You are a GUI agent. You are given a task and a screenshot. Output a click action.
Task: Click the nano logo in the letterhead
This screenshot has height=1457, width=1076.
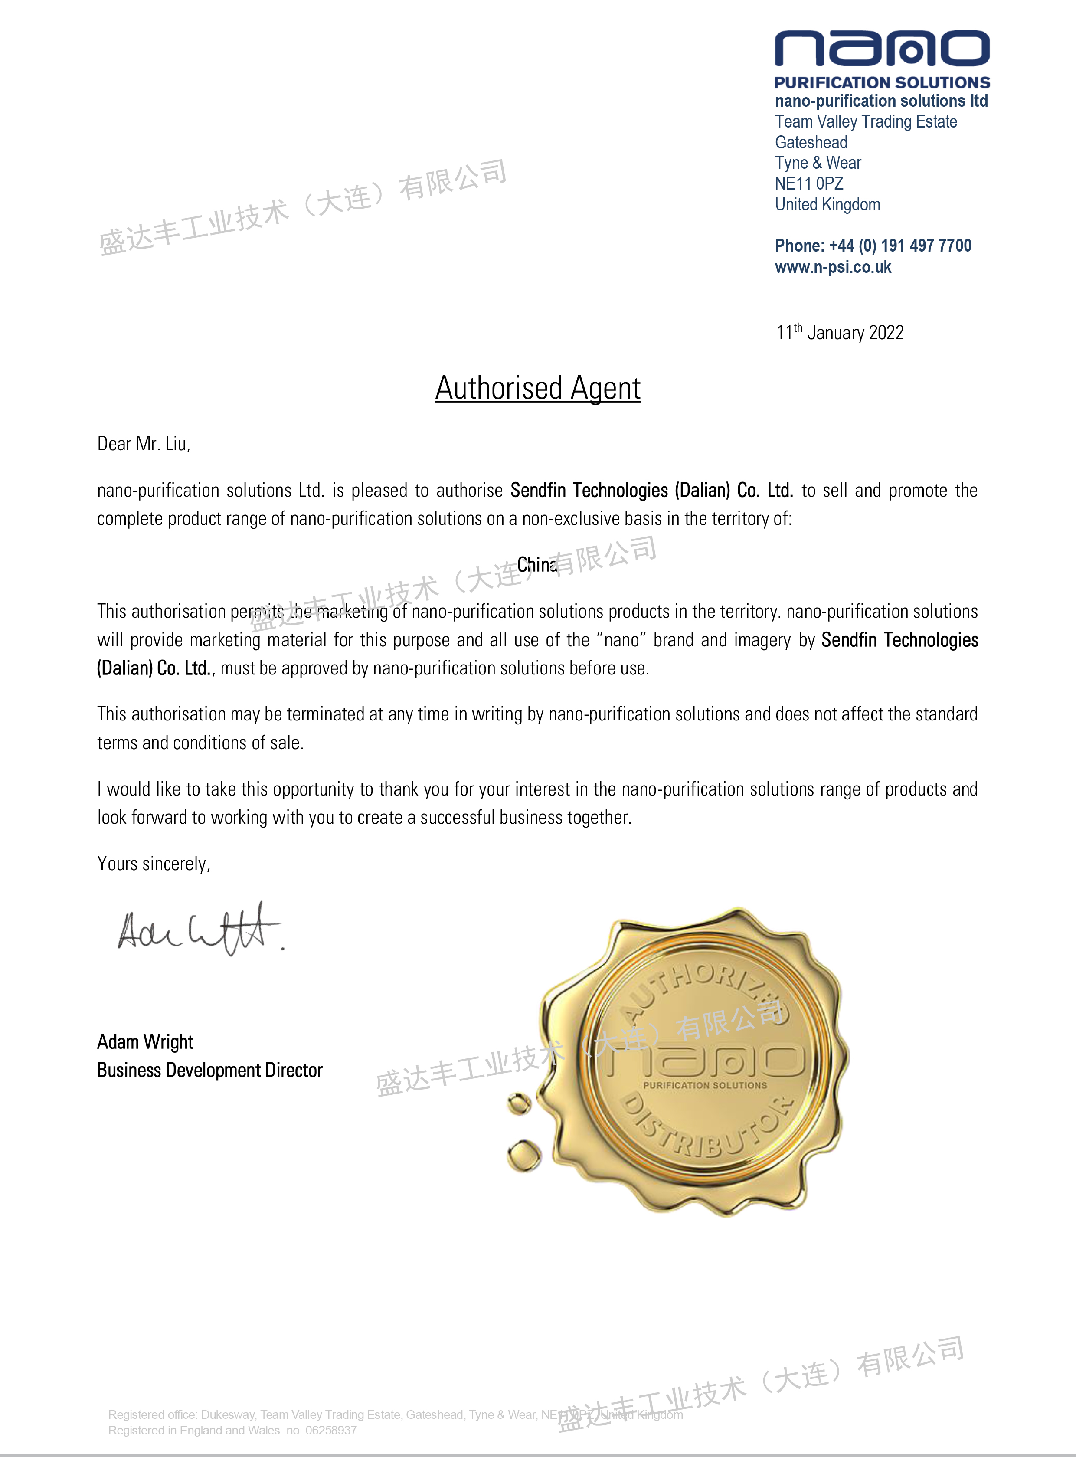[x=882, y=49]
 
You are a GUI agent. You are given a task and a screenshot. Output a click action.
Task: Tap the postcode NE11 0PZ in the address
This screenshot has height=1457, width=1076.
[x=809, y=183]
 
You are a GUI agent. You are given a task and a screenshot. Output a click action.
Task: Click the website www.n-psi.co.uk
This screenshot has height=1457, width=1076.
[x=833, y=267]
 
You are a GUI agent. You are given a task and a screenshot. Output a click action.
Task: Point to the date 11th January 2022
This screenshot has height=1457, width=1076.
[x=840, y=333]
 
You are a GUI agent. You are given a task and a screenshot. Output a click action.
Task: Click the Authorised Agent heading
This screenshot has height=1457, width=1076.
[x=538, y=388]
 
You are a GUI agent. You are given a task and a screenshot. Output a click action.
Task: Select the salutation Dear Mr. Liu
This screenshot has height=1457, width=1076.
[x=143, y=444]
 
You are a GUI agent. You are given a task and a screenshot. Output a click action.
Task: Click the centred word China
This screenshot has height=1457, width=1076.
[x=536, y=565]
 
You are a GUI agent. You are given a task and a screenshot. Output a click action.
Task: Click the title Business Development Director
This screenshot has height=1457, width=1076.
[x=210, y=1070]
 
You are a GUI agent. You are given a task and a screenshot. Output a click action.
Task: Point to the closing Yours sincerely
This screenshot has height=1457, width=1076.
[x=153, y=864]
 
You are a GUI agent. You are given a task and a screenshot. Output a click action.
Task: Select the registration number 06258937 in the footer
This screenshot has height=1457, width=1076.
[x=331, y=1430]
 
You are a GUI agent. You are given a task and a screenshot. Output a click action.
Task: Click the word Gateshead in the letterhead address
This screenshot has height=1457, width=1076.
[x=811, y=143]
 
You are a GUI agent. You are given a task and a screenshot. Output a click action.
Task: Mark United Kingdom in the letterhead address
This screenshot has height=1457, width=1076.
[x=827, y=204]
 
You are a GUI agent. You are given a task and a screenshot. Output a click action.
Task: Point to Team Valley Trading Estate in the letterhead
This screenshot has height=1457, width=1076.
[x=866, y=122]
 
